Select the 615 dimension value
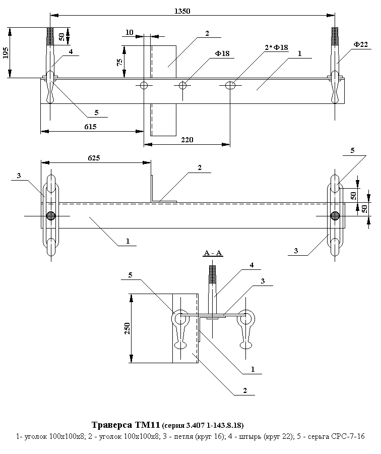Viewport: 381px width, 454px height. point(90,126)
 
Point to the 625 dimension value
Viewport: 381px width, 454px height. point(94,158)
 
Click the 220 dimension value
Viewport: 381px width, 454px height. point(187,139)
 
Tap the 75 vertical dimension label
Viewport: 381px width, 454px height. point(119,62)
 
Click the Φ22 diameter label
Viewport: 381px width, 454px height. point(360,45)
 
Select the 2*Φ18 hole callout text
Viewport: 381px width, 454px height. point(277,47)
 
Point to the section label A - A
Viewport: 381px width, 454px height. point(213,253)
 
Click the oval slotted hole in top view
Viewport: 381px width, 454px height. point(230,85)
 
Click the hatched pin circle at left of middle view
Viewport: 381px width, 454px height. point(50,216)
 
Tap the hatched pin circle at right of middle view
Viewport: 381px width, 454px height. point(335,216)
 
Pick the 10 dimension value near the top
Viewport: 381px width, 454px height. point(130,33)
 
